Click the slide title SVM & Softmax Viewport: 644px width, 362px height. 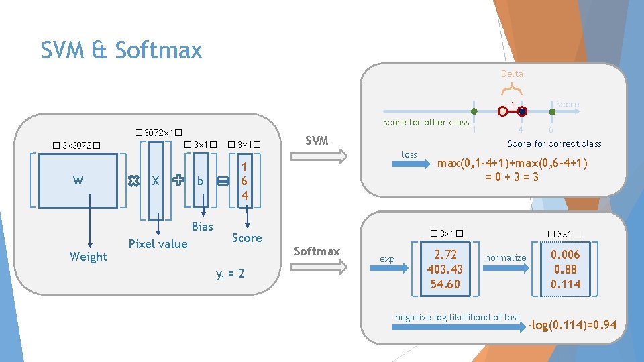coord(121,50)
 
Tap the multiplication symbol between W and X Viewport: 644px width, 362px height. coord(133,180)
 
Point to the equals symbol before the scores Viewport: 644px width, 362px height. coord(223,180)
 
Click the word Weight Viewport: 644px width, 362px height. coord(88,257)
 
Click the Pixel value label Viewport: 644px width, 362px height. coord(158,244)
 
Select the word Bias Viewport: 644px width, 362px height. coord(202,227)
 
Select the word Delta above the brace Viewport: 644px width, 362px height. coord(511,74)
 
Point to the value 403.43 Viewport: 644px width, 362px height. coord(445,269)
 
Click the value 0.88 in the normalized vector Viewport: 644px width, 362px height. coord(565,269)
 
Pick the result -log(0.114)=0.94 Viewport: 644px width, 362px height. coord(572,326)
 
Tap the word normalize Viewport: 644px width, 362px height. coord(505,257)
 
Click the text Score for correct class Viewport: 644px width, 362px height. coord(554,143)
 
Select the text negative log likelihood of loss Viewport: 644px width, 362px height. coord(457,317)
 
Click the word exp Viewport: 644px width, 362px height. coord(387,259)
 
